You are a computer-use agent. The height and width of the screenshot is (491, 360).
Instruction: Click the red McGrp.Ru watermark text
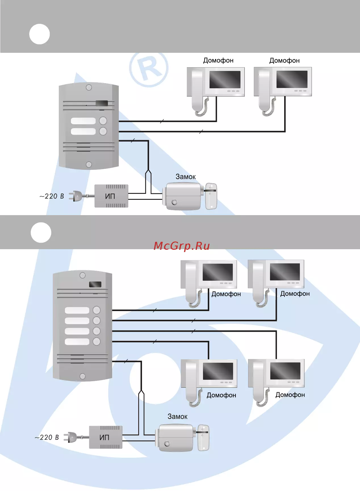click(x=182, y=246)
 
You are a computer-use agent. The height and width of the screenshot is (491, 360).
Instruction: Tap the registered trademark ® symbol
click(x=149, y=68)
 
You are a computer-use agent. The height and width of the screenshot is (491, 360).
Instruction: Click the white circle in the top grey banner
click(x=39, y=34)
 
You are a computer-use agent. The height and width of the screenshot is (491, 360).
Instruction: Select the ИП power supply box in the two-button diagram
click(x=111, y=196)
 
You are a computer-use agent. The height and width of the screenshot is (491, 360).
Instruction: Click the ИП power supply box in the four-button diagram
click(x=106, y=437)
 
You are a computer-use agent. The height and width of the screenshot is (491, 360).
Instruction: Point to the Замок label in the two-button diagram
click(x=186, y=177)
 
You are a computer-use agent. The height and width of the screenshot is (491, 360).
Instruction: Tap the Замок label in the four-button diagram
click(x=177, y=416)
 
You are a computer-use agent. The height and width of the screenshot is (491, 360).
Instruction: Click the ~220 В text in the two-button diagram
click(x=52, y=196)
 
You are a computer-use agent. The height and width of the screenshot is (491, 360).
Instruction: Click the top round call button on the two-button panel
click(x=103, y=121)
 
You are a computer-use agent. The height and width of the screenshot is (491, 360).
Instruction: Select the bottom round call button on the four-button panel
click(x=97, y=341)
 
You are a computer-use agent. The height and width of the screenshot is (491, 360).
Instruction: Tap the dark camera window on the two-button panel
click(x=102, y=103)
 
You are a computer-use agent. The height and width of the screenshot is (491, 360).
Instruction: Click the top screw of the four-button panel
click(x=83, y=275)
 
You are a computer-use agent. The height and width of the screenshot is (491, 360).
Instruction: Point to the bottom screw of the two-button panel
click(x=89, y=164)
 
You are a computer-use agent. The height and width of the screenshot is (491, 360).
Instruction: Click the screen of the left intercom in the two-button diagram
click(x=225, y=79)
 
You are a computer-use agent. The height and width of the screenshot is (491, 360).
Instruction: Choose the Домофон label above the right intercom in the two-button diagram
click(x=284, y=60)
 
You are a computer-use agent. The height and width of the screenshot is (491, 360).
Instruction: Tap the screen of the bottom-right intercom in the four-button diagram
click(x=285, y=371)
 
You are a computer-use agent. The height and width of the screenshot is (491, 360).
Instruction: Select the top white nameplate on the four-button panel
click(x=77, y=310)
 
